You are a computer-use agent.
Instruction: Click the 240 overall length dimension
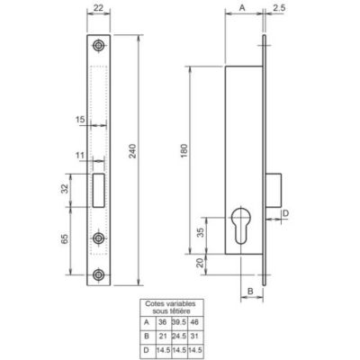(x=133, y=151)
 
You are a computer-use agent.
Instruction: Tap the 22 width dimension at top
(x=98, y=7)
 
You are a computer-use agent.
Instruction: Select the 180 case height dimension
(x=184, y=151)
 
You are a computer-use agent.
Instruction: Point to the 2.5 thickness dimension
(x=279, y=8)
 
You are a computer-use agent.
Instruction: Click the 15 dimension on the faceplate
(x=80, y=120)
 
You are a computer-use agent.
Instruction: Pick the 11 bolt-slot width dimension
(x=80, y=155)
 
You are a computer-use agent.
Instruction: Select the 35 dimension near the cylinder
(x=201, y=232)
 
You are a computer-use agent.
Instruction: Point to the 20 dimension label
(x=201, y=263)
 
